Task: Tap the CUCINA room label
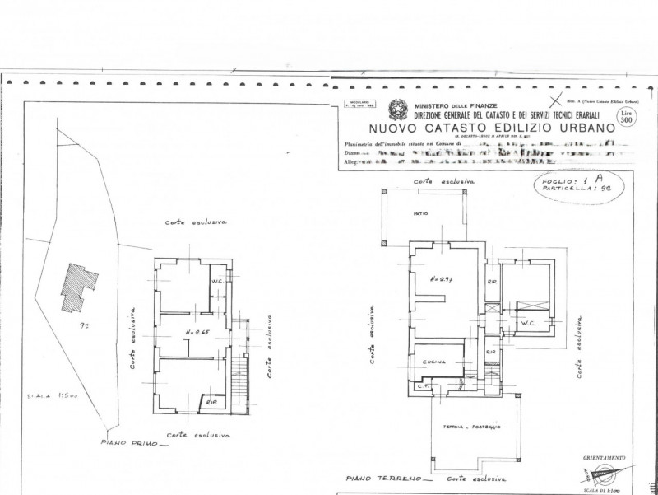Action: click(435, 362)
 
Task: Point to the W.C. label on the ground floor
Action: click(526, 323)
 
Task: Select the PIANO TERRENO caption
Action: click(378, 477)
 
